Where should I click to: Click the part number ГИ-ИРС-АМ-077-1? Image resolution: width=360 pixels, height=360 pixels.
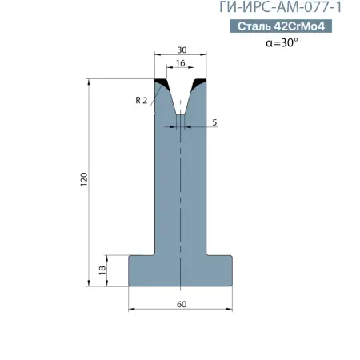(281, 7)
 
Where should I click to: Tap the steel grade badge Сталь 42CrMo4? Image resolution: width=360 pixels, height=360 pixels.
(281, 26)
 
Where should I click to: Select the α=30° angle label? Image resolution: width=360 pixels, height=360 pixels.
(282, 42)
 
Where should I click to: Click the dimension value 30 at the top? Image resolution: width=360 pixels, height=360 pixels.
(182, 50)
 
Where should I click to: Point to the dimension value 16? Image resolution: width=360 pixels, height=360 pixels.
(181, 63)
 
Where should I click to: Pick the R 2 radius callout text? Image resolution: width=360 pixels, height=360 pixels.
(142, 101)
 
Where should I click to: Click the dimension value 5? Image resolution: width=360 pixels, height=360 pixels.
(214, 122)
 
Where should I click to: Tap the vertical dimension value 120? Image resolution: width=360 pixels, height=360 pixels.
(84, 179)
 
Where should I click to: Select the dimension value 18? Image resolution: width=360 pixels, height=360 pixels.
(102, 270)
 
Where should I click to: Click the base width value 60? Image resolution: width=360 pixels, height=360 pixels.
(182, 304)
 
